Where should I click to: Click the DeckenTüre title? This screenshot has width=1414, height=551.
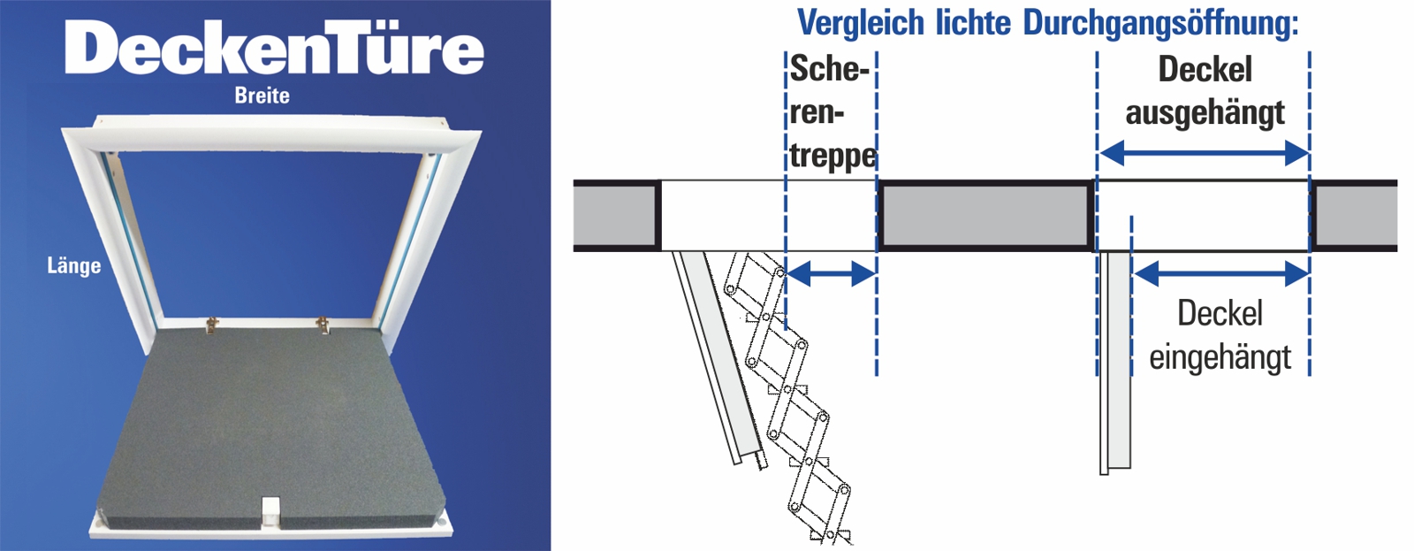pyautogui.click(x=274, y=48)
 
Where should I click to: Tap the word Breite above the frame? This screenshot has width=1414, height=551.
pyautogui.click(x=262, y=96)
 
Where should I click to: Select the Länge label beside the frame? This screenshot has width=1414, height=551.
pyautogui.click(x=74, y=265)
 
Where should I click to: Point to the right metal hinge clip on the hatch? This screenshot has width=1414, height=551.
pyautogui.click(x=323, y=326)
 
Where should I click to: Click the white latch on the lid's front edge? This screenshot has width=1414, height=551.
pyautogui.click(x=270, y=511)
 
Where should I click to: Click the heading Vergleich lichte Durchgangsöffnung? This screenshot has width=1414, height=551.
pyautogui.click(x=1047, y=24)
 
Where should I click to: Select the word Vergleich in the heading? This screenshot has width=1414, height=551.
pyautogui.click(x=862, y=24)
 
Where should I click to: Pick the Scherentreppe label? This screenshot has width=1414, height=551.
pyautogui.click(x=832, y=112)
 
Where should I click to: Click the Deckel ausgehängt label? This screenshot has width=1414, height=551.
pyautogui.click(x=1205, y=92)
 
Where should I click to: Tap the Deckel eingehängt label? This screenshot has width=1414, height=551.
pyautogui.click(x=1220, y=335)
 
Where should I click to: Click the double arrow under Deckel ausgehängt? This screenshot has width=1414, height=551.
pyautogui.click(x=1204, y=153)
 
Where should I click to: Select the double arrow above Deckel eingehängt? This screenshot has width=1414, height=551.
pyautogui.click(x=1220, y=273)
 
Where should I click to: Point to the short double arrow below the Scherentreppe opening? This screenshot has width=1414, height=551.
pyautogui.click(x=832, y=273)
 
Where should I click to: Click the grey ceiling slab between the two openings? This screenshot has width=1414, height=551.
pyautogui.click(x=986, y=216)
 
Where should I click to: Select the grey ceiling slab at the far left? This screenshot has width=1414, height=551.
pyautogui.click(x=616, y=216)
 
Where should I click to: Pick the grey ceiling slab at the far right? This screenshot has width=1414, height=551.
pyautogui.click(x=1355, y=216)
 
